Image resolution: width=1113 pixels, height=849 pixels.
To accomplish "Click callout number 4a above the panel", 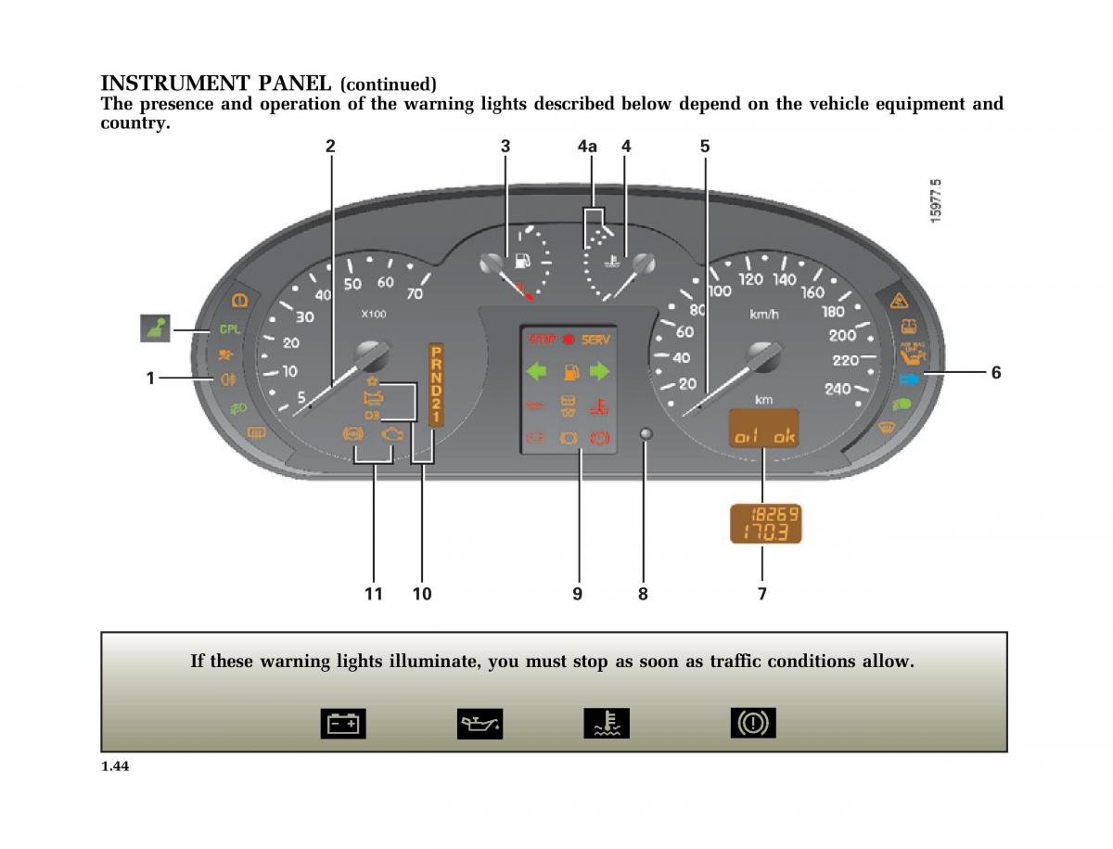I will [x=587, y=146].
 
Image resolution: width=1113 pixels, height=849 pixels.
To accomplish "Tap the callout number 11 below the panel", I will [x=373, y=594].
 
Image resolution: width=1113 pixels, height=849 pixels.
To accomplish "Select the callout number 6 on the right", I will [x=996, y=372].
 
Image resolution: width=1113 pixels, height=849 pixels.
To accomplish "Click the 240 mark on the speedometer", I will [x=837, y=389].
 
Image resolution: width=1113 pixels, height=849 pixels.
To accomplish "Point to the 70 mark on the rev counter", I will [x=414, y=294].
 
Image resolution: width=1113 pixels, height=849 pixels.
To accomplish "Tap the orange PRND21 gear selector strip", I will [x=436, y=384].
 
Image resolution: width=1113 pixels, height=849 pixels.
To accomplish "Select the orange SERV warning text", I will [x=596, y=340].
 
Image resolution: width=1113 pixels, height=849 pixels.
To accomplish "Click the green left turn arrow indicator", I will [x=537, y=372].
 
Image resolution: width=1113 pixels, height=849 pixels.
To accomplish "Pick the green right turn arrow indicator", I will [x=600, y=372].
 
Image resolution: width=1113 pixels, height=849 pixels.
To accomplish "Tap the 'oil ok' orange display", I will [x=764, y=436].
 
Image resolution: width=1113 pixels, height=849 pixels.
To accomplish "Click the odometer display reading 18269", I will [x=764, y=514].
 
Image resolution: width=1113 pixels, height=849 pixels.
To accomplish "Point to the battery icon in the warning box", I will [x=343, y=723].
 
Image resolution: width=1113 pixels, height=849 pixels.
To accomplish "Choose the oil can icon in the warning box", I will [x=480, y=723].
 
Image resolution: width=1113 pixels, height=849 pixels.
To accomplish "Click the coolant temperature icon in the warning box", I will [x=606, y=723].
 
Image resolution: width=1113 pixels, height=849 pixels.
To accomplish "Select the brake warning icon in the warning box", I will [x=752, y=723].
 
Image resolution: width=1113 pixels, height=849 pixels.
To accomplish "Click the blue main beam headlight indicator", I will [x=908, y=379].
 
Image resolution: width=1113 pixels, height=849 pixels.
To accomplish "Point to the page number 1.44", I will [x=114, y=765].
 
